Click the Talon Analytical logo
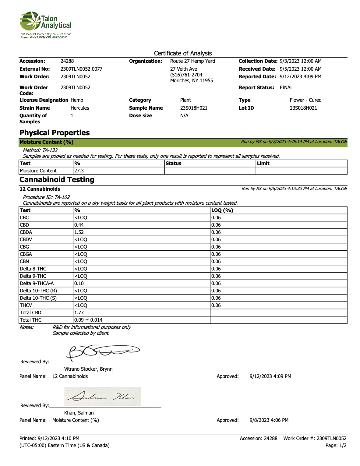tap(46, 24)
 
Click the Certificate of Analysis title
tap(183, 53)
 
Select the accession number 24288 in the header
tap(67, 61)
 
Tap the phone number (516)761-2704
tap(186, 75)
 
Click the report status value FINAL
tap(286, 88)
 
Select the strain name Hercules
tap(80, 108)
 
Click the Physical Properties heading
tap(55, 133)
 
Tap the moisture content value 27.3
tap(79, 171)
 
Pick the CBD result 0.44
tap(79, 225)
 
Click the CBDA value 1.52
tap(79, 232)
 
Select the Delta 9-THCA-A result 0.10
tap(79, 284)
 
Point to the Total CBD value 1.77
tap(79, 313)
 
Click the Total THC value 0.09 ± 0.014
tap(88, 320)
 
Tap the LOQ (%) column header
tap(222, 210)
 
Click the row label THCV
tap(26, 305)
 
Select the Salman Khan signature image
tap(103, 397)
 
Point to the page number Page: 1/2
tap(336, 446)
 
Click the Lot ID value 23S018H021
tap(303, 108)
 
